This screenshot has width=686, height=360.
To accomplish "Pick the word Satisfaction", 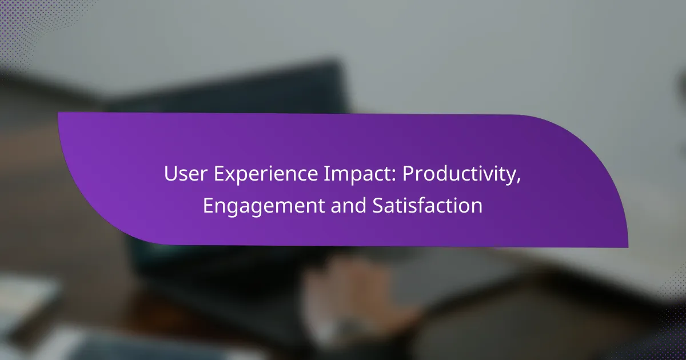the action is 427,205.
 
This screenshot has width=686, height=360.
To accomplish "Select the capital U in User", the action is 171,174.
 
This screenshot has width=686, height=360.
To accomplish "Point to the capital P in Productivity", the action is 408,174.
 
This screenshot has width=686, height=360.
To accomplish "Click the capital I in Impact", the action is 326,174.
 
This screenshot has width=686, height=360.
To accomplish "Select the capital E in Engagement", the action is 208,205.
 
